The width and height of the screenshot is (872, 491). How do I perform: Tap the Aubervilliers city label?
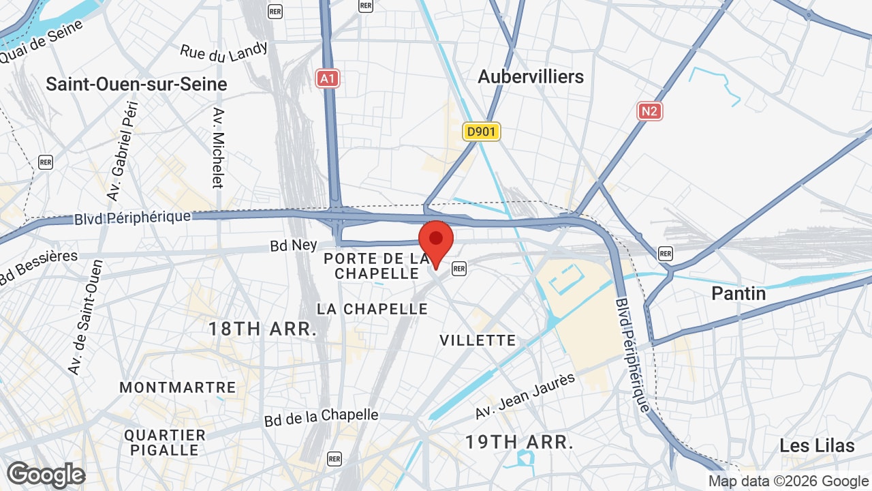(531, 76)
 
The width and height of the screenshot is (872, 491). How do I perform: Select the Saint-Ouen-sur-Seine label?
(136, 84)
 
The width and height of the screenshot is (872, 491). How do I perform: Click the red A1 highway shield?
(328, 79)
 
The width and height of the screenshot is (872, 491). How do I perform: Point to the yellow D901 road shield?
(482, 132)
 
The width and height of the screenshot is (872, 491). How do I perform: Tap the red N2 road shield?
(650, 110)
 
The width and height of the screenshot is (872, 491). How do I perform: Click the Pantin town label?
(738, 294)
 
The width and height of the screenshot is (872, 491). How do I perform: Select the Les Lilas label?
(817, 446)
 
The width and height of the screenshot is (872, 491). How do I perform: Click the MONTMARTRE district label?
(178, 387)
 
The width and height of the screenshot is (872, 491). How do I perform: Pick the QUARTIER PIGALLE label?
(165, 443)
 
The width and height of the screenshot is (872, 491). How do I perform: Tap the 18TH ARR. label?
(262, 329)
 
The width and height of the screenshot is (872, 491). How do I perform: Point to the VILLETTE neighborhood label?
(478, 340)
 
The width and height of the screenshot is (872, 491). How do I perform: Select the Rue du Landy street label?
(224, 51)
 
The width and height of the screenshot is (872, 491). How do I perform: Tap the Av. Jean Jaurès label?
(525, 397)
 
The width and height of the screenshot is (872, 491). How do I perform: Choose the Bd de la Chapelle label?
(321, 417)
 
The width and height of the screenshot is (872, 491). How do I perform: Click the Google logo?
(46, 475)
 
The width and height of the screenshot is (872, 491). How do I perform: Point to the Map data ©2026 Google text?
(788, 481)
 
